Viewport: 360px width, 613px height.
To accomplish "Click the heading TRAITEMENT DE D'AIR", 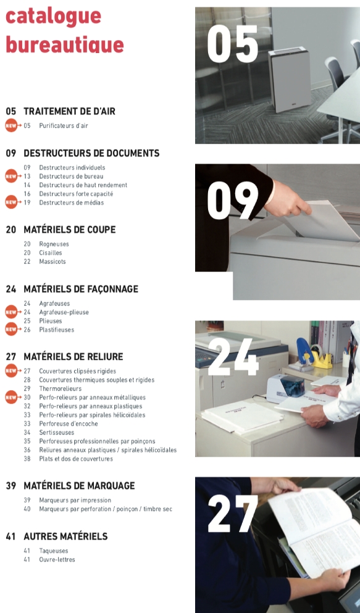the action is (69, 111).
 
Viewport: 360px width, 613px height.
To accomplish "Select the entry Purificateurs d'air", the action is (64, 126).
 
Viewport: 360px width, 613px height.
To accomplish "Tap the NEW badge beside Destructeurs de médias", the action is (11, 202).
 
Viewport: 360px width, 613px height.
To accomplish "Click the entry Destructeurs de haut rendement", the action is (83, 185).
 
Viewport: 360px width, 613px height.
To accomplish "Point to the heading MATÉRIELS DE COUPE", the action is (70, 230).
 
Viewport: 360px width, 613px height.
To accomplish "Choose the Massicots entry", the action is (52, 262).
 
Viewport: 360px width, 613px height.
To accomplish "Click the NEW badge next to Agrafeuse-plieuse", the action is (11, 312).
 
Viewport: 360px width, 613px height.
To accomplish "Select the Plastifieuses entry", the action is (57, 330).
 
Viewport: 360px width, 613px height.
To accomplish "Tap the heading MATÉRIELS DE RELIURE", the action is (73, 357).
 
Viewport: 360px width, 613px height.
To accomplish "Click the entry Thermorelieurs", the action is (60, 388).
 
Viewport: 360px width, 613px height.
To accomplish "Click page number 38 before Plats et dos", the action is (27, 459).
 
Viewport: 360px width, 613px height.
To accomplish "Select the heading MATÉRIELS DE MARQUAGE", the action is (79, 486).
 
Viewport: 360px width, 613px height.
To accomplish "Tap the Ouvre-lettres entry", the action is (57, 559).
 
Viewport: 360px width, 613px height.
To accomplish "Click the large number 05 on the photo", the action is (233, 44).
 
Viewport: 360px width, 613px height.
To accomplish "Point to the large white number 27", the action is (233, 514).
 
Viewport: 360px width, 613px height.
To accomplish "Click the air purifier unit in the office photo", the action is (290, 80).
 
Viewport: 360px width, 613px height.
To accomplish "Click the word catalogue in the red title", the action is (53, 17).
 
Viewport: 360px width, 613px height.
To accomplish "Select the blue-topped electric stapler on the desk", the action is (286, 388).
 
